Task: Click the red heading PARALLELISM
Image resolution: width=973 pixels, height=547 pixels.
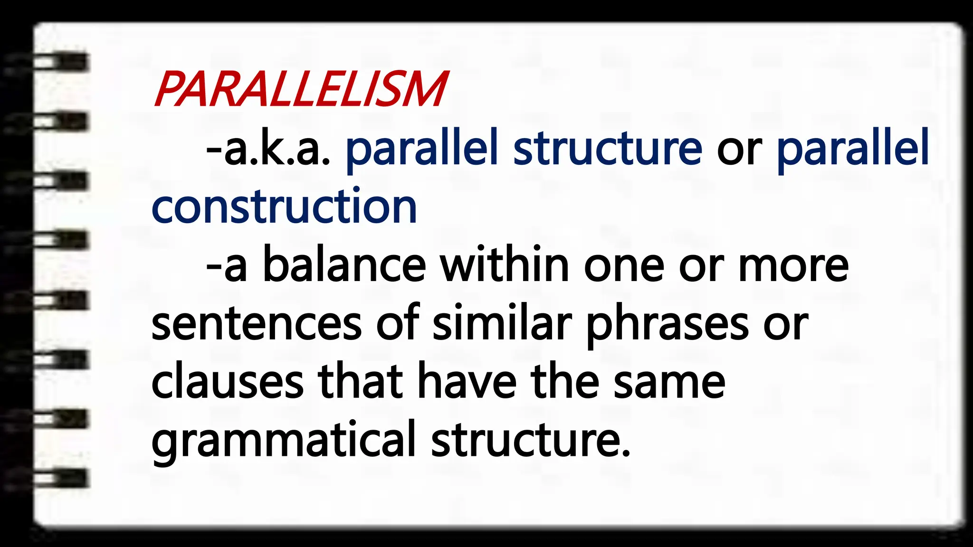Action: coord(300,89)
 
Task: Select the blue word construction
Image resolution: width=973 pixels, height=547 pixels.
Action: coord(284,207)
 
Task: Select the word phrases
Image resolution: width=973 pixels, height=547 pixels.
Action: coord(668,325)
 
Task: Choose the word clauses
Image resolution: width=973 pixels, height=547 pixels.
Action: coord(227,383)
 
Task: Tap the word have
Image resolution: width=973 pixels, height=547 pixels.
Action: coord(467,383)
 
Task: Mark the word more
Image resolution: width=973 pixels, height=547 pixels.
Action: coord(793,266)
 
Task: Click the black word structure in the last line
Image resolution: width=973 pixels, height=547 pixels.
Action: coord(531,441)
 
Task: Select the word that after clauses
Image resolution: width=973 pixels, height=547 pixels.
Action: coord(360,383)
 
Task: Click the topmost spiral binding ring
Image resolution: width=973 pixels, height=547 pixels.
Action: coord(62,62)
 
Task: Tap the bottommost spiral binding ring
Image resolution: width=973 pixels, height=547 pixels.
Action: coord(62,478)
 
